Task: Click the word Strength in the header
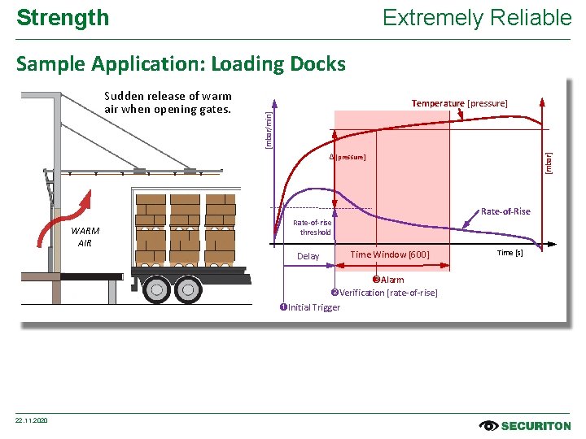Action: [63, 17]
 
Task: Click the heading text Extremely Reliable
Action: [477, 17]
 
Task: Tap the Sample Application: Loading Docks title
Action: [181, 63]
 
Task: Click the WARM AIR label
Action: [85, 237]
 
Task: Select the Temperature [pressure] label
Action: [459, 103]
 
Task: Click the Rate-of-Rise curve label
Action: [505, 211]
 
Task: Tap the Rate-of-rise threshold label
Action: [312, 227]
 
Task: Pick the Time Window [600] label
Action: [389, 255]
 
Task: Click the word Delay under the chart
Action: [308, 256]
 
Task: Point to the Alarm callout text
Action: [388, 280]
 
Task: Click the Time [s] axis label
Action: [510, 253]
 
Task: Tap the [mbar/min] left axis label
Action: [269, 129]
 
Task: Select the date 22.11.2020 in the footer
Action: [32, 419]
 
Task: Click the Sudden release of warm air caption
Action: [168, 102]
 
